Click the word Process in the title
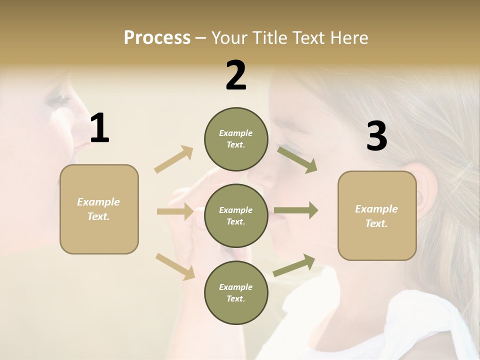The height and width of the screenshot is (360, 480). point(157,38)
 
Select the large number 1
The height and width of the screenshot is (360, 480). point(99,128)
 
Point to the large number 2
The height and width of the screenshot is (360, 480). point(236,75)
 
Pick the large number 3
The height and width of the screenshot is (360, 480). point(376,136)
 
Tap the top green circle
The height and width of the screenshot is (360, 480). point(236,139)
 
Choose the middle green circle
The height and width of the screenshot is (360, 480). point(236,215)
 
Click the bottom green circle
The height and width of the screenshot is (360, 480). point(236,292)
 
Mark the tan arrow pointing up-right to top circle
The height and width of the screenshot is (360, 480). point(174,159)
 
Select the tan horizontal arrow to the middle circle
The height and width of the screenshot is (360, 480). point(175,211)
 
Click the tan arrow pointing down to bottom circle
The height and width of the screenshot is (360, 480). point(175,266)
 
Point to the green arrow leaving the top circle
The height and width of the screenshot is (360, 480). point(297,159)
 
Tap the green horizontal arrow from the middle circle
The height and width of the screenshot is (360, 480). point(296,210)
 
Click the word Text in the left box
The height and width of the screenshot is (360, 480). point(98,216)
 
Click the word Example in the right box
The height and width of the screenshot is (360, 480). point(376,209)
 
